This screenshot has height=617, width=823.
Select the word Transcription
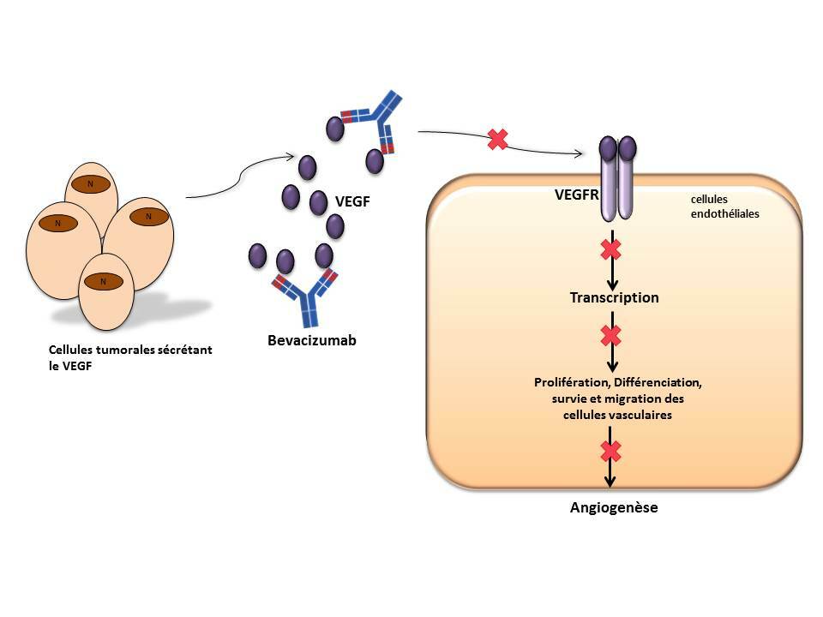(x=615, y=298)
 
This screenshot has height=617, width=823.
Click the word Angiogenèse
(x=614, y=507)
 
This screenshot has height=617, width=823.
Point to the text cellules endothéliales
(x=720, y=207)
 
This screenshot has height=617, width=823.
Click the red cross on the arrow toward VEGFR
(x=496, y=139)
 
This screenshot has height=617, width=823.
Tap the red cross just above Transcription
(x=610, y=250)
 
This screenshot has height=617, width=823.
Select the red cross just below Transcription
(x=610, y=334)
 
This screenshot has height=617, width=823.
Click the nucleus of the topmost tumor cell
(x=89, y=183)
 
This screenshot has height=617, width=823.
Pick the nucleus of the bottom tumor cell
(x=103, y=280)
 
